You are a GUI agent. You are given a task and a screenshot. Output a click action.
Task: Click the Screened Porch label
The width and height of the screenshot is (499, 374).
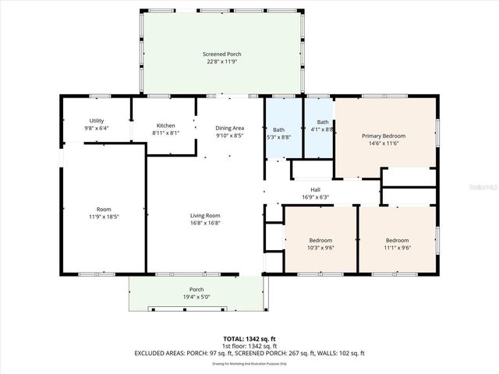point(222,54)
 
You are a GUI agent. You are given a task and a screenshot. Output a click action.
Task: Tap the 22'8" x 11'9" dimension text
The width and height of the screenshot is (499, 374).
point(222,62)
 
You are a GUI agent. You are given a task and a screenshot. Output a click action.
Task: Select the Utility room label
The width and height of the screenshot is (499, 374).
point(97,121)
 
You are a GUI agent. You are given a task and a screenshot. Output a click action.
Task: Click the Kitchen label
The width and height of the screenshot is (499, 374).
point(165,125)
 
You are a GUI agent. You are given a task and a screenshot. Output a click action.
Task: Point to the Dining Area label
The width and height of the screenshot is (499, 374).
point(230,128)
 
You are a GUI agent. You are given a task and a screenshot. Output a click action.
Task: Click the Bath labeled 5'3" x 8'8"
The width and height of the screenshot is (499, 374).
point(278,129)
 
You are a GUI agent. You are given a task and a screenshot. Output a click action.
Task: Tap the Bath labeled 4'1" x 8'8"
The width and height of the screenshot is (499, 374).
point(323,122)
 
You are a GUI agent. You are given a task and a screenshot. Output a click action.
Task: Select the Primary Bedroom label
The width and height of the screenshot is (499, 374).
point(384,136)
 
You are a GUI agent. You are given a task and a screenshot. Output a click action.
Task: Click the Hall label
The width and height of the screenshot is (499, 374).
point(315,189)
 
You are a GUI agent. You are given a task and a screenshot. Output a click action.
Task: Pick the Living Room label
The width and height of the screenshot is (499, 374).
point(206,215)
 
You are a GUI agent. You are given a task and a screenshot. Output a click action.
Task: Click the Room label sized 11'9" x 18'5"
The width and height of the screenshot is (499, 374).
point(103,209)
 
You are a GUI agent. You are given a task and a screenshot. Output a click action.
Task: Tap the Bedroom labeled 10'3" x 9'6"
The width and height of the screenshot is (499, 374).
point(320,240)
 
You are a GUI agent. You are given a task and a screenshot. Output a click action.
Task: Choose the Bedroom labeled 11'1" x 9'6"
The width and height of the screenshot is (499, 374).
point(398,240)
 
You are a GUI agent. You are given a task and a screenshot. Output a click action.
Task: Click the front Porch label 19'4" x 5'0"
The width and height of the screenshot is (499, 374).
point(196,289)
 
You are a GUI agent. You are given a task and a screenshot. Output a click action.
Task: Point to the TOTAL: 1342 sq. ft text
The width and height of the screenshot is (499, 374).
point(249,339)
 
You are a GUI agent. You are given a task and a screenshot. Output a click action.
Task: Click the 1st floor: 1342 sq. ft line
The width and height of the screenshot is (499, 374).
point(249,346)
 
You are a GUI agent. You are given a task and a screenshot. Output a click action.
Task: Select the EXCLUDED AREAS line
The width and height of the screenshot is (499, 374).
point(249,353)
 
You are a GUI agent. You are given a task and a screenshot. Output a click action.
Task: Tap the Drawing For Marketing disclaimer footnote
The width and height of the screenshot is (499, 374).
point(249,363)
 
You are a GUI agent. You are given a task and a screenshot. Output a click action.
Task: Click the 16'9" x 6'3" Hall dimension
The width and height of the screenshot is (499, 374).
point(315,197)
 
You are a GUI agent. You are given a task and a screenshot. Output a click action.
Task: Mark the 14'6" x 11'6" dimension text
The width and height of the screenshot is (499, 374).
point(384,143)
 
